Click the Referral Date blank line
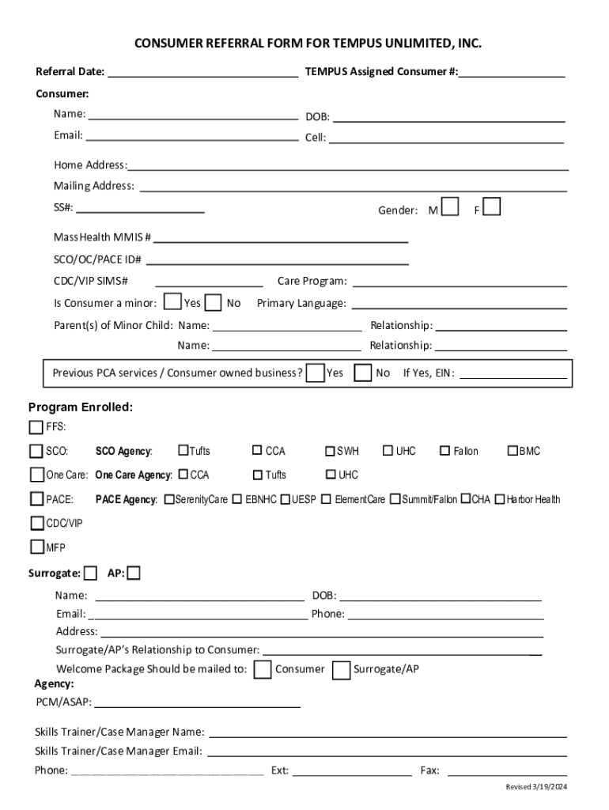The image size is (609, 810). click(x=202, y=74)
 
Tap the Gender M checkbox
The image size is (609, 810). click(x=450, y=207)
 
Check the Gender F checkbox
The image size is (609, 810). click(x=491, y=207)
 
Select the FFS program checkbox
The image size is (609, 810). click(x=36, y=427)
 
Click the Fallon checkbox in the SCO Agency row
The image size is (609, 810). click(x=445, y=451)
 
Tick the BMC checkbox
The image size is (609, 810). click(x=513, y=451)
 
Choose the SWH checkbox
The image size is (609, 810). click(x=330, y=451)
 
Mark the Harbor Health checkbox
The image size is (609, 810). click(x=500, y=499)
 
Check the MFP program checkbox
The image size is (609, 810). click(x=37, y=547)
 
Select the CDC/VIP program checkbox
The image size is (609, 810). click(x=37, y=523)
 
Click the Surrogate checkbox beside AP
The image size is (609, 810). click(x=91, y=573)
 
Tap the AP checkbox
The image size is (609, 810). click(x=134, y=573)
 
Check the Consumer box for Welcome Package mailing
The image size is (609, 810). click(x=263, y=670)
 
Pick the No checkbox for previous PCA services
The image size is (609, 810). click(x=363, y=373)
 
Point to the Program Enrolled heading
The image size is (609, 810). click(x=81, y=407)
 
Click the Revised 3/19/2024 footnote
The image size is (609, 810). click(x=537, y=787)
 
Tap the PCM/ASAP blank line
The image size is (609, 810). click(x=197, y=702)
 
